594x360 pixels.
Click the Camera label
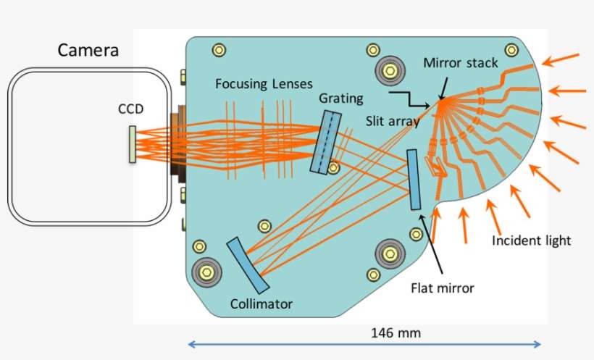[88, 51]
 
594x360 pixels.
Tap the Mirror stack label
[461, 63]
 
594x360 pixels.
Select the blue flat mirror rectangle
[414, 180]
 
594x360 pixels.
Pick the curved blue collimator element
[248, 265]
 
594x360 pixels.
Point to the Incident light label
[531, 240]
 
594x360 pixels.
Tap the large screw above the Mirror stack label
[390, 71]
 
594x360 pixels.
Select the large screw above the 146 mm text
[390, 254]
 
